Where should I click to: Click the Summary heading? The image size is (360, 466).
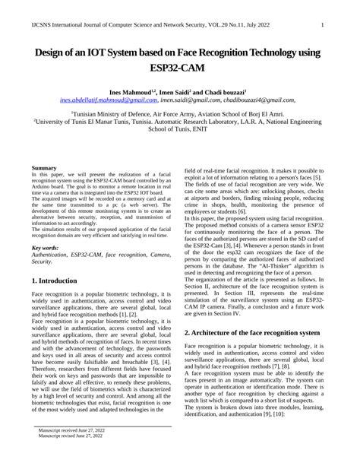pos(44,167)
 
